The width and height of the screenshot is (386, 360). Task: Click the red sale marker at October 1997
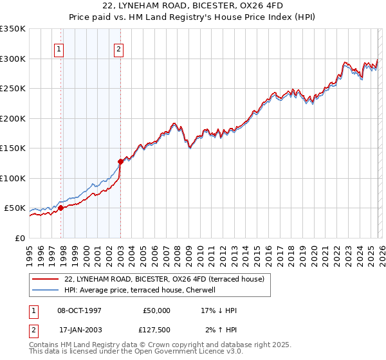60,208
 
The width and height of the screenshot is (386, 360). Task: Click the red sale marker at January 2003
120,161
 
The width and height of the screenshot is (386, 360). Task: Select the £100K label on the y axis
13,178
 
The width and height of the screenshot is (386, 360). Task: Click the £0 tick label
20,238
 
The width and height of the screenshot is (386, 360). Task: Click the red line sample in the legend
45,279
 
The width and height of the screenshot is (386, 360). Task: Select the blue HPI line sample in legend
45,290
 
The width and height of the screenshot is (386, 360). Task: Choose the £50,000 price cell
156,310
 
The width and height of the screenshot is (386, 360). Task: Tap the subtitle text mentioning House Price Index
193,17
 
